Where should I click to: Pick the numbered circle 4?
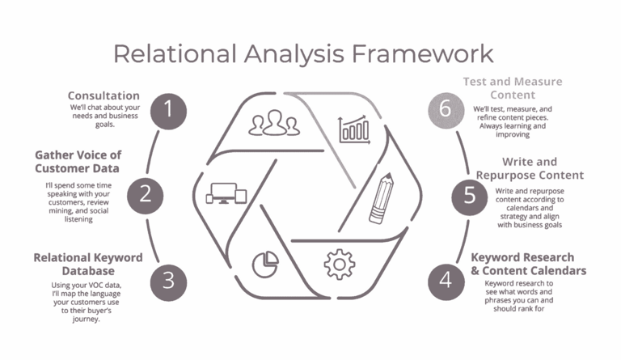click(x=446, y=279)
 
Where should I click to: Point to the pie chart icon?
click(x=260, y=262)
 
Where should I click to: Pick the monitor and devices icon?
click(x=226, y=193)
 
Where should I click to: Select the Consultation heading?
click(x=103, y=95)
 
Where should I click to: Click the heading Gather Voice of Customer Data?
click(x=77, y=161)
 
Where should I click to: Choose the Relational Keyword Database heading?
click(x=88, y=264)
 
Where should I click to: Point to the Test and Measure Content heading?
click(x=513, y=89)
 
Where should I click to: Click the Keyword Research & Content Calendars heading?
click(x=529, y=264)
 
